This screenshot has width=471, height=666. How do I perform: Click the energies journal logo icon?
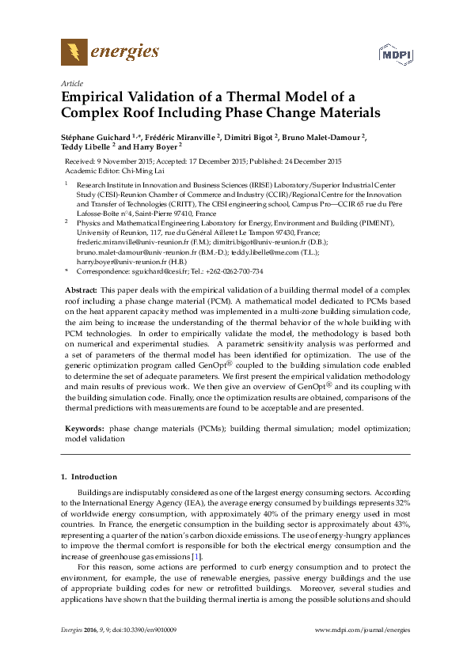click(74, 53)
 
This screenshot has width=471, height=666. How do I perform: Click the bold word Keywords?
click(84, 428)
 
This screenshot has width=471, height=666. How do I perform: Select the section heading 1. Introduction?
click(89, 477)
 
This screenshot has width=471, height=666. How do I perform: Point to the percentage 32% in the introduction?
click(403, 502)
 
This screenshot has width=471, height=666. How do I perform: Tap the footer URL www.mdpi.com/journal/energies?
click(363, 651)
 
